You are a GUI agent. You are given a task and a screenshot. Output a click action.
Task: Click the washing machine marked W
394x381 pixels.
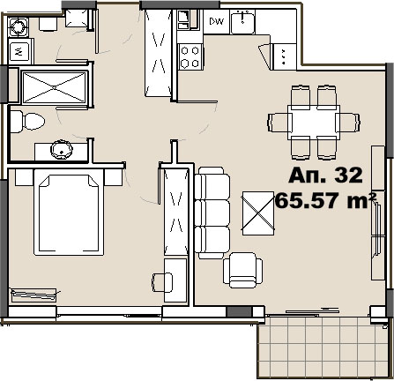click(x=19, y=51)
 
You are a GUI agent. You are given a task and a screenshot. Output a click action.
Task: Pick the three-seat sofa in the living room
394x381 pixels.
click(x=210, y=213)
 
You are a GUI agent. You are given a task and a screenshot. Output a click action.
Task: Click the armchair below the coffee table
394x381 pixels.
click(x=242, y=269)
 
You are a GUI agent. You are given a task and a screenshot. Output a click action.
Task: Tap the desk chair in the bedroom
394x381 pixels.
click(x=161, y=282)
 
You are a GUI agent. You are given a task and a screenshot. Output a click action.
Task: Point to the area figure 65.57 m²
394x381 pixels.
click(x=326, y=199)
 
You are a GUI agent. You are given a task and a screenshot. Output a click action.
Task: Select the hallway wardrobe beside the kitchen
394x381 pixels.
click(x=160, y=55)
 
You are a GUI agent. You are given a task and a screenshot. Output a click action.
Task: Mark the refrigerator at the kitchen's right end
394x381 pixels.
click(x=284, y=56)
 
